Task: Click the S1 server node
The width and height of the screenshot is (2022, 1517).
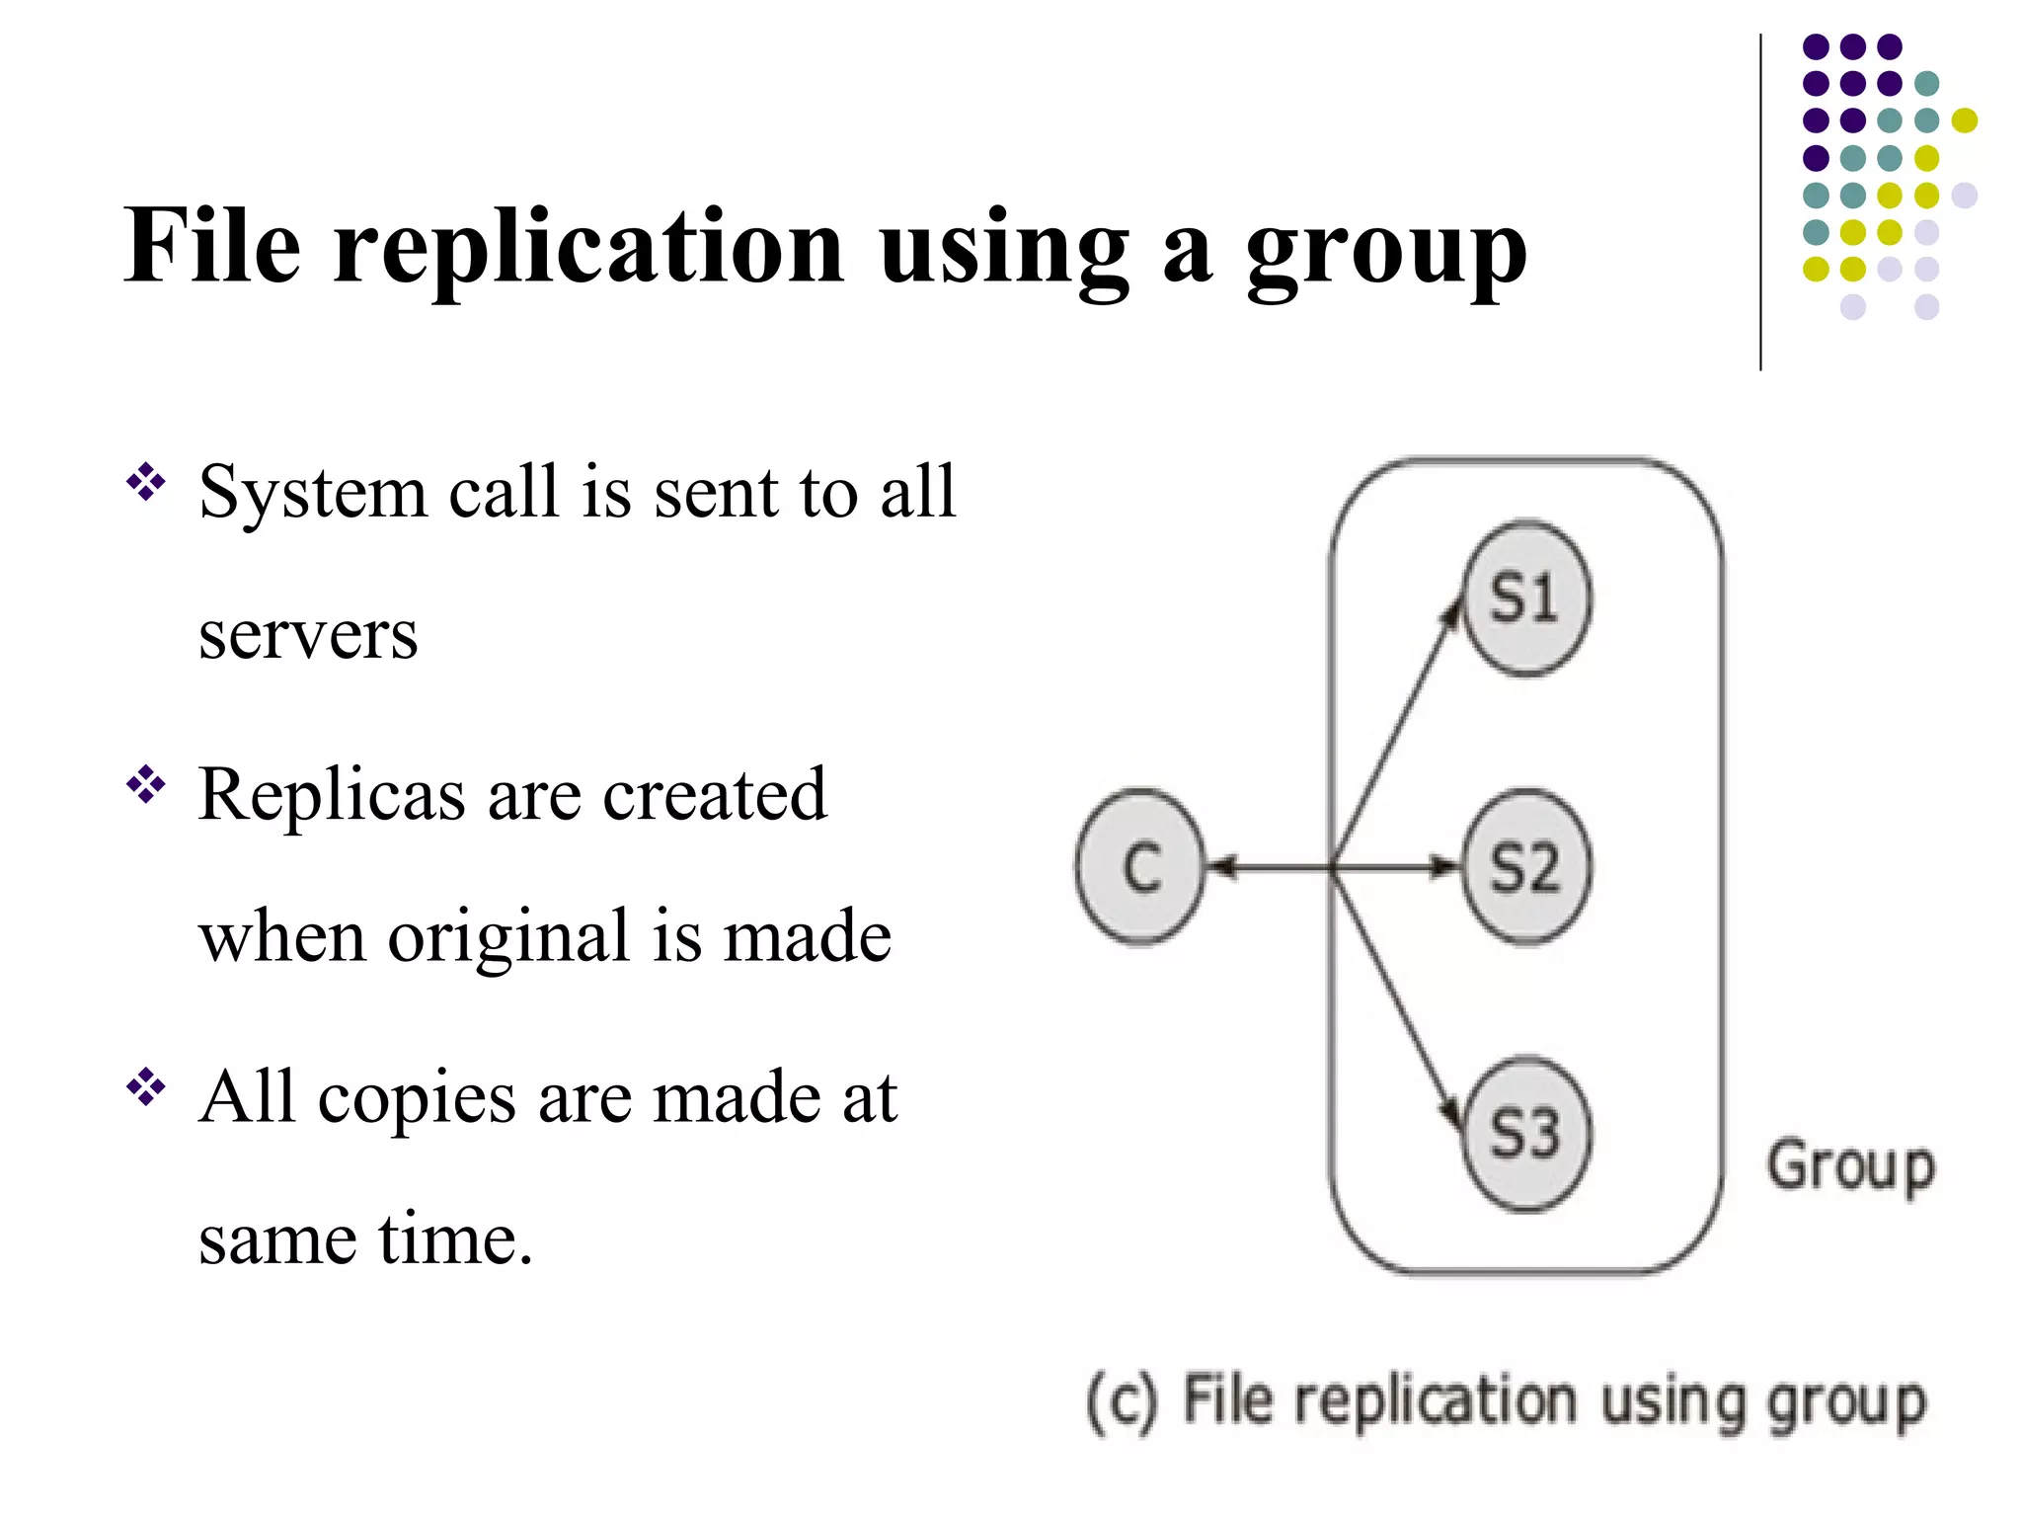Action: pos(1525,599)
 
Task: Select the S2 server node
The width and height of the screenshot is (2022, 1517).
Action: pos(1525,867)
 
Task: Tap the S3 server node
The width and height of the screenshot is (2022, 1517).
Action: pos(1525,1134)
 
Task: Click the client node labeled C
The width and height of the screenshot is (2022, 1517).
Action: pos(1141,867)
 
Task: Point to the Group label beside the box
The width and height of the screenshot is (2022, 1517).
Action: pos(1850,1168)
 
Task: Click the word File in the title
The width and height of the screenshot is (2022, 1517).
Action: pos(211,246)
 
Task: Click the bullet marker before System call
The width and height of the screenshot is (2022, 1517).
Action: pos(145,482)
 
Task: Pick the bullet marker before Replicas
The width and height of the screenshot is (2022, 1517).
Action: pos(145,785)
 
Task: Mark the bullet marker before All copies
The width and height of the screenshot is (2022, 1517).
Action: pos(145,1087)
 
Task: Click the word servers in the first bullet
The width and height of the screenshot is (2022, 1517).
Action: pos(308,635)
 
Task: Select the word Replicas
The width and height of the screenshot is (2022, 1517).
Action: pos(332,794)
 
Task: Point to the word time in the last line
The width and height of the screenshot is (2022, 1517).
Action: pos(454,1238)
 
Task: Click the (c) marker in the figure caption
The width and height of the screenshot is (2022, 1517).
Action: pos(1122,1402)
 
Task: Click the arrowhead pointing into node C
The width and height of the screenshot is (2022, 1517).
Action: pos(1221,867)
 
